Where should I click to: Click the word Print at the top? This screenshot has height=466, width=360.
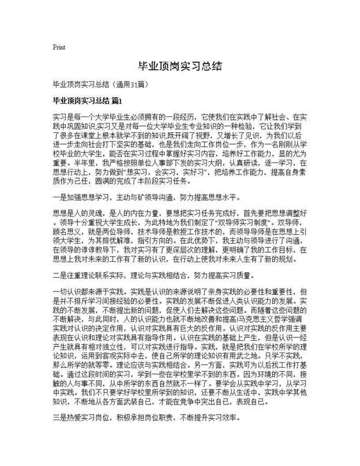pos(58,47)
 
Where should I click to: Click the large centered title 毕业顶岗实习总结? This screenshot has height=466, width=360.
pos(179,66)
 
